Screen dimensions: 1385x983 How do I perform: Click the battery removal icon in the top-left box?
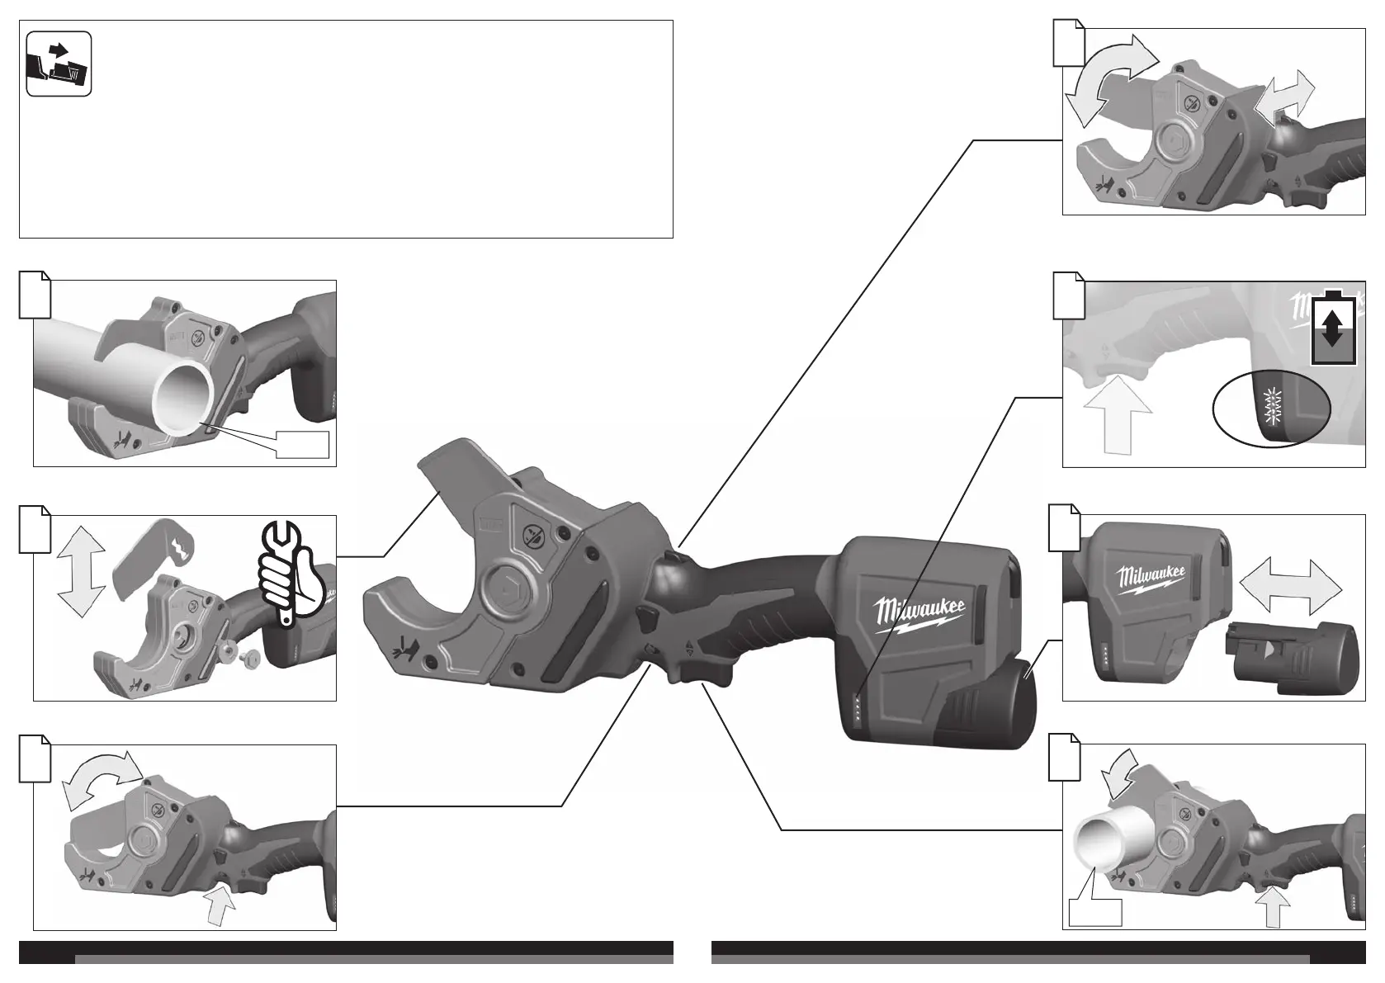[58, 64]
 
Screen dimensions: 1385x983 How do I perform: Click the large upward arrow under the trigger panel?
[1117, 413]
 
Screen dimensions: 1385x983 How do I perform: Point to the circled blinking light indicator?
[1273, 405]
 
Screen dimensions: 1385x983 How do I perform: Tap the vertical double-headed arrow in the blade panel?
[82, 571]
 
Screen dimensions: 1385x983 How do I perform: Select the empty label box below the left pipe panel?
[302, 444]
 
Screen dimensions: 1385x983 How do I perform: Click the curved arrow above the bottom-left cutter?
[102, 778]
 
